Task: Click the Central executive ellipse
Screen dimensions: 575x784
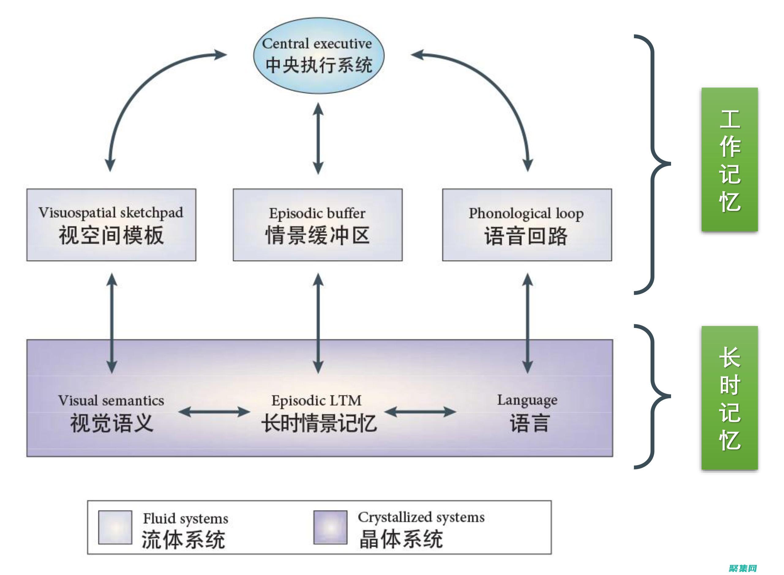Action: tap(318, 56)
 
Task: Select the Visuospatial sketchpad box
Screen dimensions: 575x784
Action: tap(111, 225)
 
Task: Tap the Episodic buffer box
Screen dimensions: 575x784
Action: tap(317, 225)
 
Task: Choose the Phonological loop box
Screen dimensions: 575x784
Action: tap(527, 225)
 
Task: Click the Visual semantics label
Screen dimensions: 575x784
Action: tap(111, 400)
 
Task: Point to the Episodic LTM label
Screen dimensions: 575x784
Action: tap(316, 400)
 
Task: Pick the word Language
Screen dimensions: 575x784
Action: tap(527, 400)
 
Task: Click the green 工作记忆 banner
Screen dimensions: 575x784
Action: tap(730, 160)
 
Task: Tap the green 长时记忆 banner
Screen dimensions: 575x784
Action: tap(730, 398)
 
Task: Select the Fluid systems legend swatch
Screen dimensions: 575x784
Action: tap(115, 527)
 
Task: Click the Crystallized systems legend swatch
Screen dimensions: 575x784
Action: tap(330, 527)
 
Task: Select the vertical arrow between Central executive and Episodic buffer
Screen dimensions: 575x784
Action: tap(318, 138)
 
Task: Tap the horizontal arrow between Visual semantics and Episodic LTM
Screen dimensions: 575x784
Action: tap(214, 412)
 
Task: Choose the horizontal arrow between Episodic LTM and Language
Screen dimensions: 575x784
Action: tap(420, 412)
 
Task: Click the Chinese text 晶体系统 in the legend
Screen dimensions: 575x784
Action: tap(401, 539)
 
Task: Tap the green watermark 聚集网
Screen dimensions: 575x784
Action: tap(742, 568)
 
